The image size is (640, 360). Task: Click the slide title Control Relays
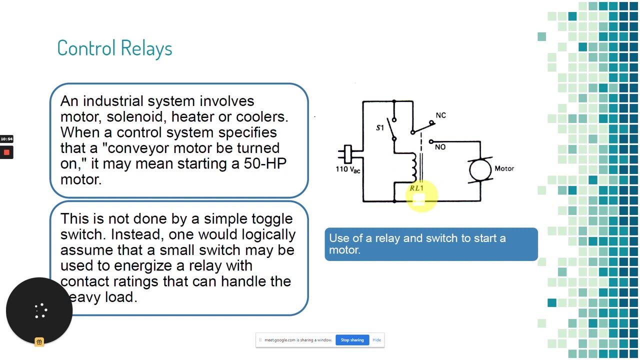tap(114, 48)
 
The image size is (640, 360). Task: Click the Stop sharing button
tap(352, 340)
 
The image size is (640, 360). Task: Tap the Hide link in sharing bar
tap(376, 340)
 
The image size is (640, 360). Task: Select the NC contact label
tap(440, 115)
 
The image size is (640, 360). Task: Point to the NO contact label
tap(440, 147)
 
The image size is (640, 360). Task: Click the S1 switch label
tap(380, 128)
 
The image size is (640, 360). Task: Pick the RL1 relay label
tap(416, 188)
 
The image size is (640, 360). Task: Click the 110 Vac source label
tap(347, 169)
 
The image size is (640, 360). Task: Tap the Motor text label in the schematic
tap(504, 168)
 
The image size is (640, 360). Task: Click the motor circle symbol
tap(480, 169)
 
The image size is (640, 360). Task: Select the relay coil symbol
tap(413, 167)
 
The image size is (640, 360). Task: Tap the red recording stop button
tap(6, 152)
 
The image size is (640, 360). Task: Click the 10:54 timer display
tap(6, 139)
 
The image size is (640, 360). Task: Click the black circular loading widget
tap(39, 310)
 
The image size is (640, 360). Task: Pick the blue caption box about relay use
tap(431, 244)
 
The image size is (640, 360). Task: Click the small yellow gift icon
tap(39, 342)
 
